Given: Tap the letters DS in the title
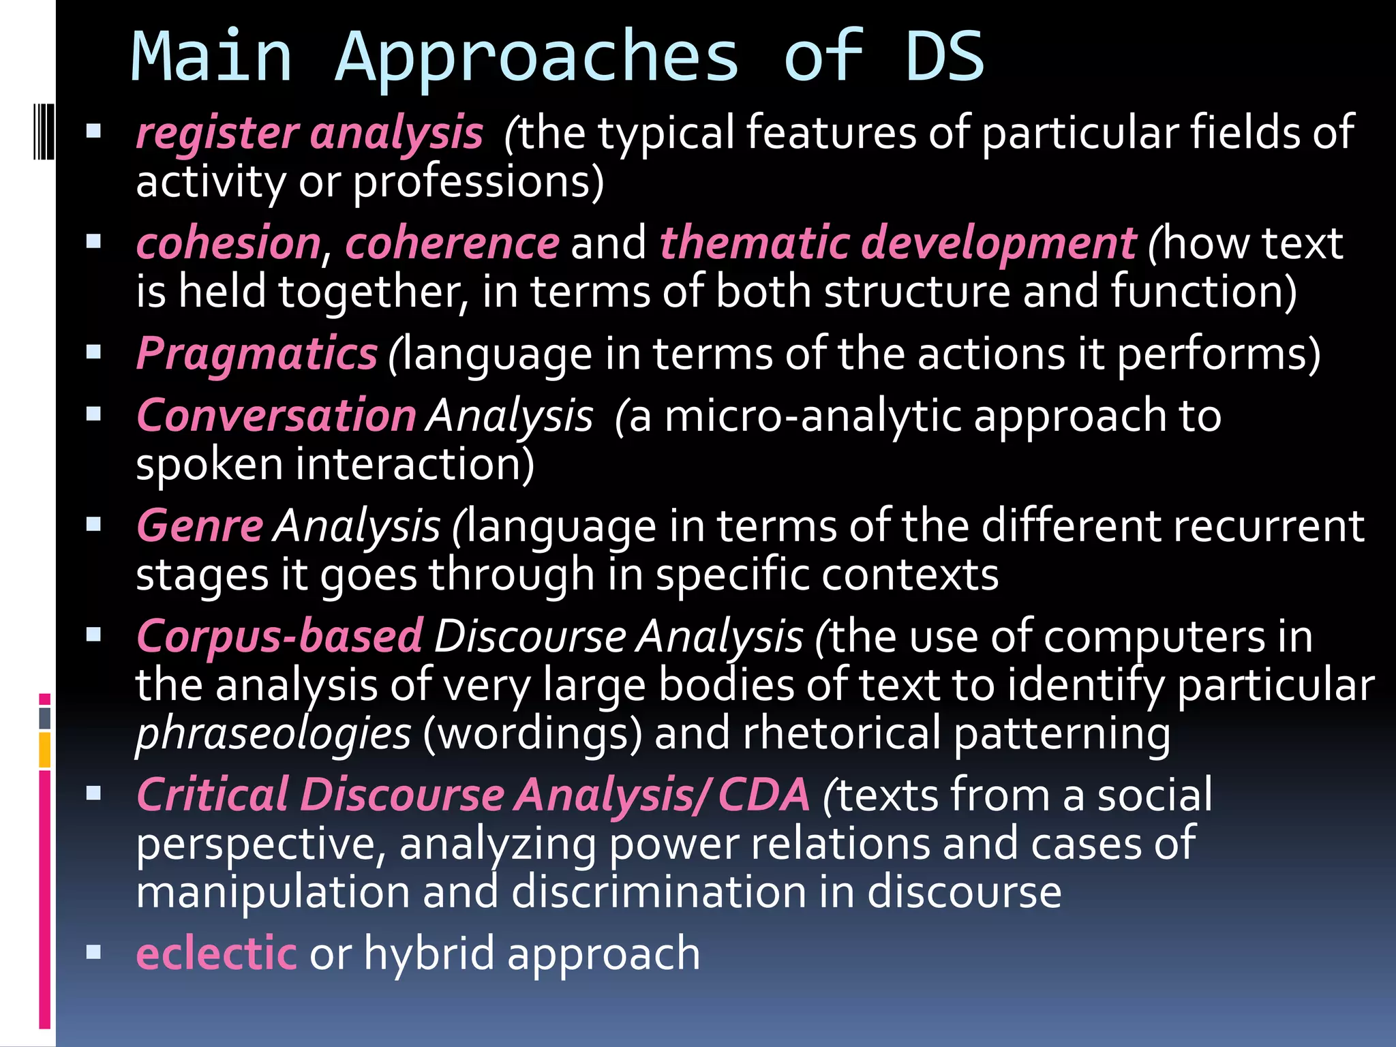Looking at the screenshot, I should tap(944, 57).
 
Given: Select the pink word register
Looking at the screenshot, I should tap(217, 132).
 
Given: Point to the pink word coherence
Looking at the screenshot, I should tap(452, 243).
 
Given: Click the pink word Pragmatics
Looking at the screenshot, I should tap(256, 354).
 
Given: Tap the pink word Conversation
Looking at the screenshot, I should tap(276, 415).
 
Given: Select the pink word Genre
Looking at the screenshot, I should tap(200, 526).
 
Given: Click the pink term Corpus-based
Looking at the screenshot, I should tap(279, 636).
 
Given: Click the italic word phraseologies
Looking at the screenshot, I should tap(273, 734).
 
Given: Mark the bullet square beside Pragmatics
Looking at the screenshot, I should tap(94, 352).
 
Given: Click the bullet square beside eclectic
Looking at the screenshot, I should tap(94, 952).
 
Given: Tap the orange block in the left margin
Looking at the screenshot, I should tap(44, 749).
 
